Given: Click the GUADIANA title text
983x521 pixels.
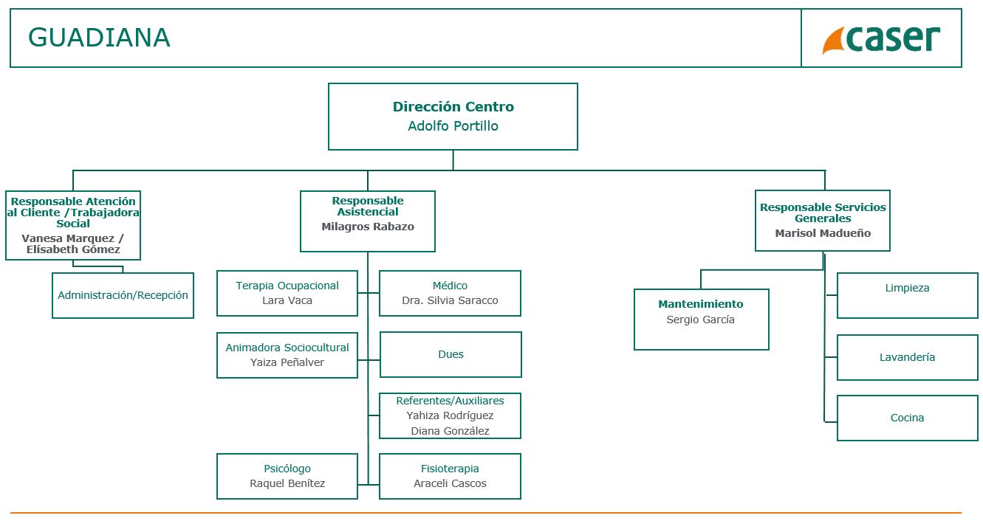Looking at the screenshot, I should tap(99, 38).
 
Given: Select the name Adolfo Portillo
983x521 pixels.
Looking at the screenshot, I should tap(453, 126).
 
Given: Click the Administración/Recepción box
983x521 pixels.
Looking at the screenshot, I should tap(123, 295).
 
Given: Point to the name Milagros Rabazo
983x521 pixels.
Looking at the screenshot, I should tap(368, 227).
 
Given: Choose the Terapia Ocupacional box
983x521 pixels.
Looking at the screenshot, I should tap(287, 293).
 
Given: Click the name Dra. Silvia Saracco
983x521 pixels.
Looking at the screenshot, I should tap(450, 300).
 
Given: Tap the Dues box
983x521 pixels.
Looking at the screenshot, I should tap(451, 354).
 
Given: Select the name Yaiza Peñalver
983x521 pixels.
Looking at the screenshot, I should tap(287, 362).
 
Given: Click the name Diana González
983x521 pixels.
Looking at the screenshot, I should tap(450, 431).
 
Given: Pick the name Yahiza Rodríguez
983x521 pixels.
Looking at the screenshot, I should tap(450, 415).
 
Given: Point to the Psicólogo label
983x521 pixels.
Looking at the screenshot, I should tap(287, 469).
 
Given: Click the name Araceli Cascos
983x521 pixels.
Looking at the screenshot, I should tap(450, 483).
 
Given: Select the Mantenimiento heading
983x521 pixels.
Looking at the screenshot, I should tap(701, 304).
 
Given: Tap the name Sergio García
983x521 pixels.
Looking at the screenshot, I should tap(701, 320).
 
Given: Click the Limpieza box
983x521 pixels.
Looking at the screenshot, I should tap(907, 295).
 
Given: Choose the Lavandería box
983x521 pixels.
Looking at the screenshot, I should tap(907, 357).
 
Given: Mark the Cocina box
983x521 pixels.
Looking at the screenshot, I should tap(907, 418).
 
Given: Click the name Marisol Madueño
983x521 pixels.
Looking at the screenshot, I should tap(823, 233).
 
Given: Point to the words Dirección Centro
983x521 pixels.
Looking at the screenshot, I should tap(453, 107).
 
